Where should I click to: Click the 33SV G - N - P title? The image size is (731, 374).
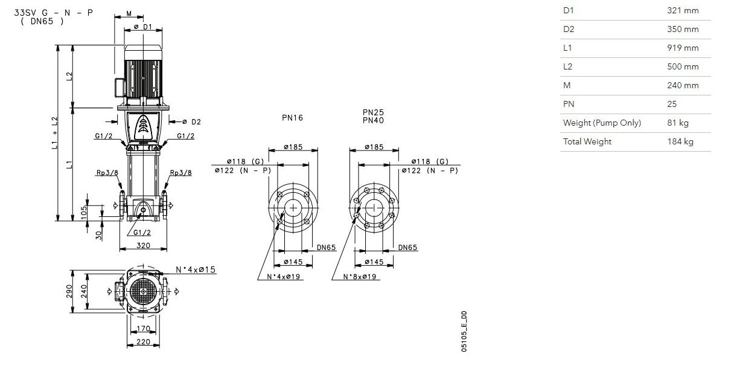(54, 13)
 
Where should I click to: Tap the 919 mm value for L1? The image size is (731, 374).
(683, 48)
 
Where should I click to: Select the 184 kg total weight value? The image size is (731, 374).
(680, 142)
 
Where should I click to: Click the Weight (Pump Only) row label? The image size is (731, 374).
(602, 123)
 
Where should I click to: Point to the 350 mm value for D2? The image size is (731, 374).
(683, 30)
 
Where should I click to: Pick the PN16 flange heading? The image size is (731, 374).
(292, 118)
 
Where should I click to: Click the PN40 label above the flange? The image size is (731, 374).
(373, 120)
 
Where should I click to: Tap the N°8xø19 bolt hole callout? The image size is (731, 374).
(360, 277)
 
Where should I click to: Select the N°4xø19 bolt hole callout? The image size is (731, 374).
(283, 277)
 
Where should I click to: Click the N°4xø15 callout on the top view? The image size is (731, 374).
(196, 270)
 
